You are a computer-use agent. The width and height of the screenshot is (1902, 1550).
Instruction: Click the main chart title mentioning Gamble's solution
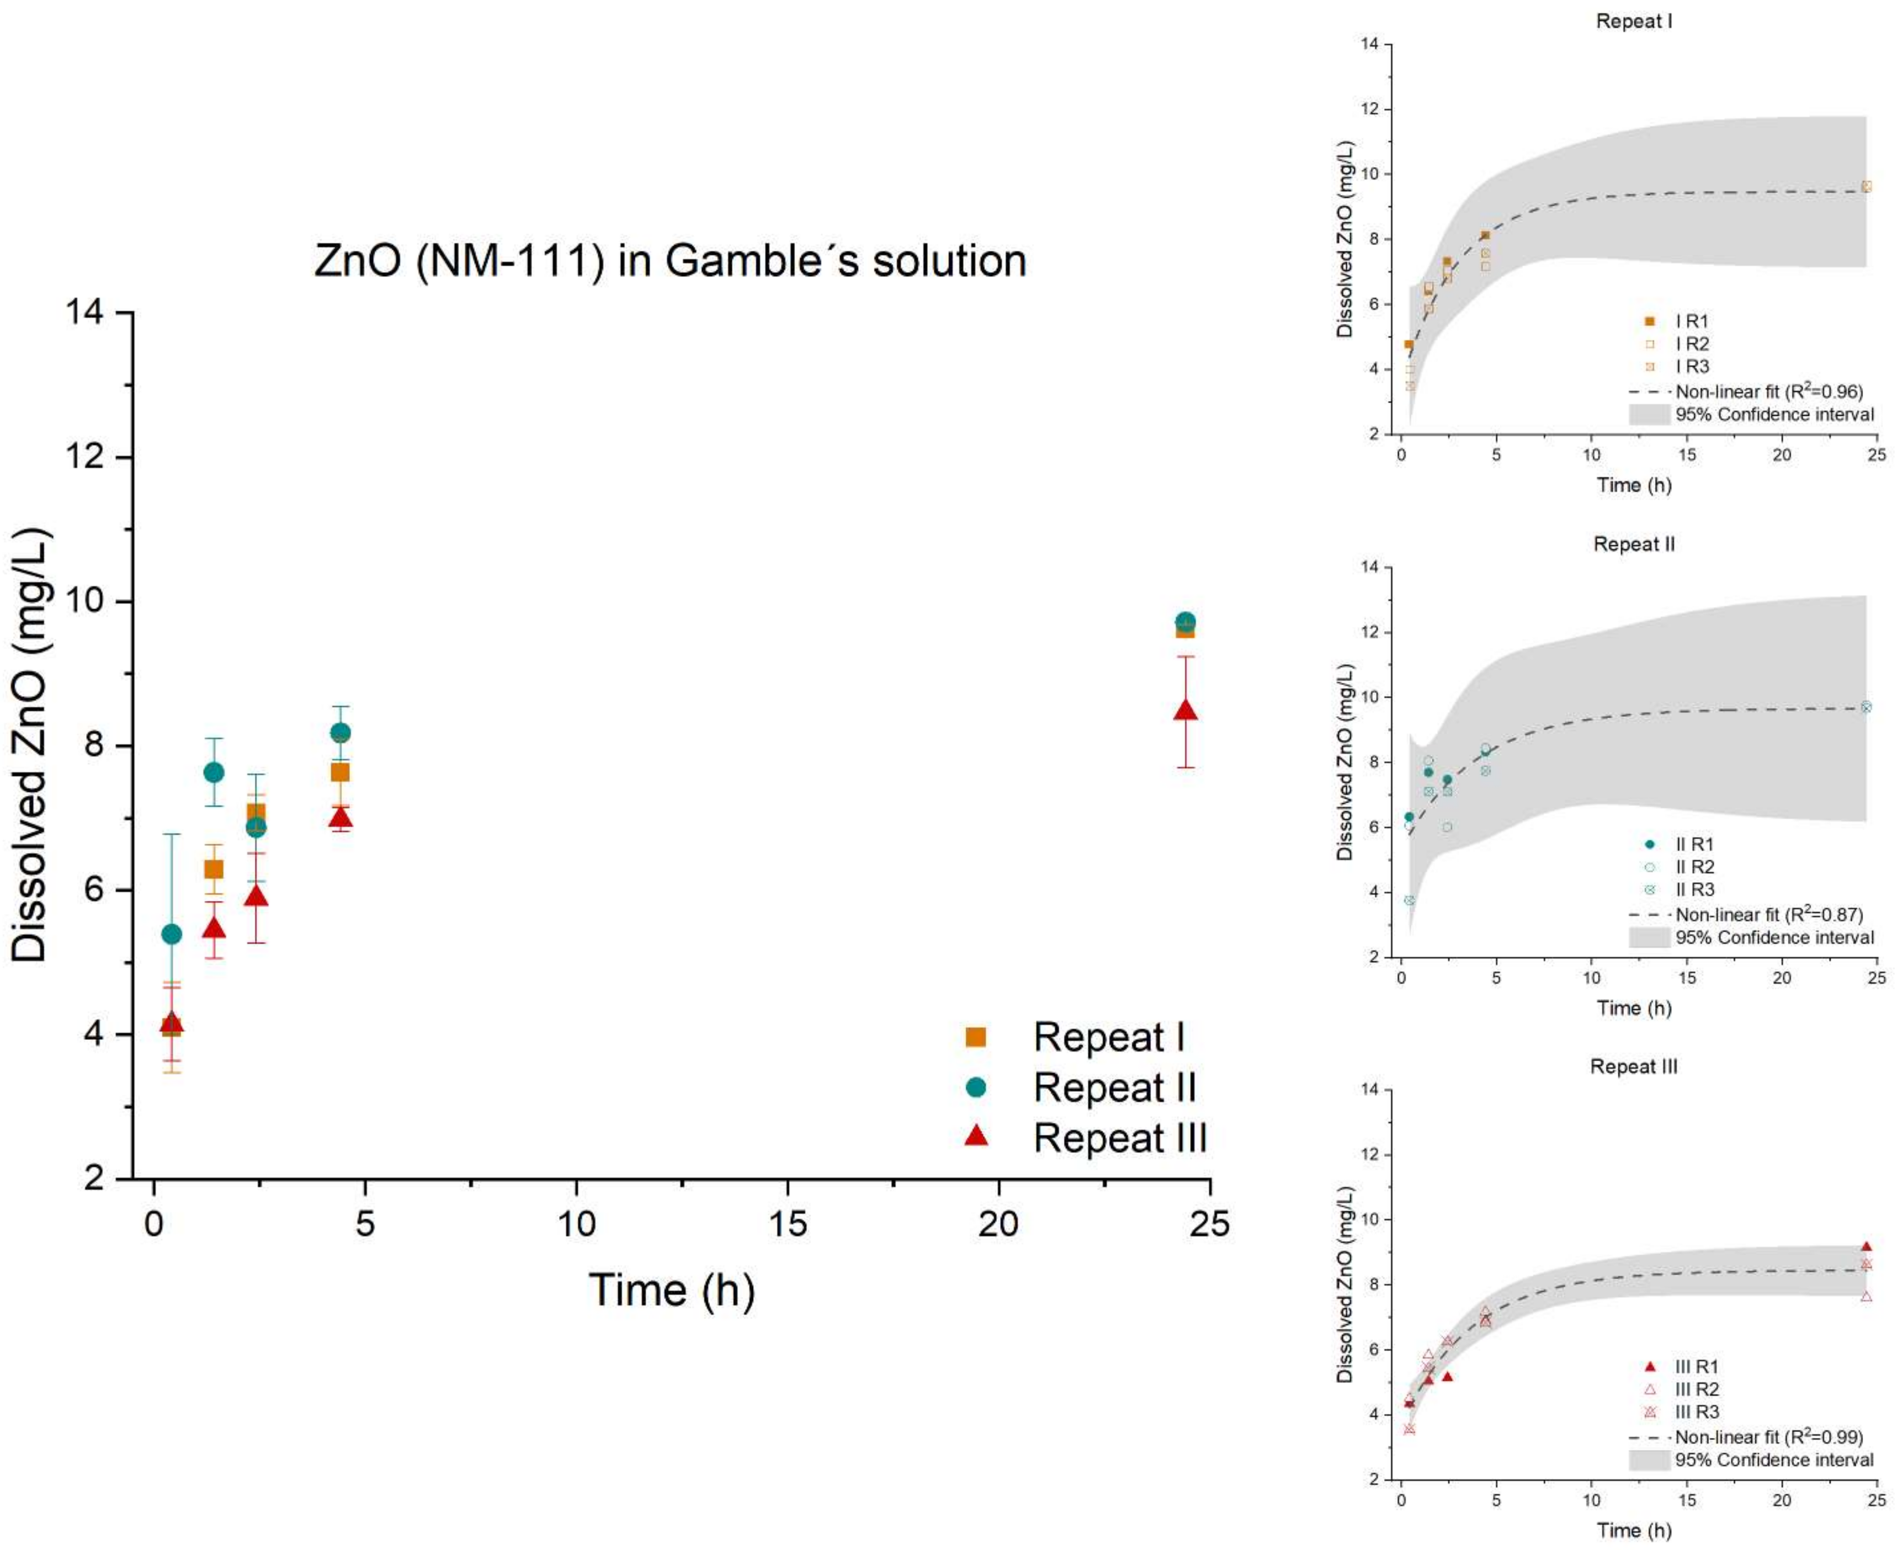pyautogui.click(x=669, y=260)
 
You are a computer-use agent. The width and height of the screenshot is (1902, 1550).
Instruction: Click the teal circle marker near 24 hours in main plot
pyautogui.click(x=1185, y=622)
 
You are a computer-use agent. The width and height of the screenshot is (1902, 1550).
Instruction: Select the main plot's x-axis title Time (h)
pyautogui.click(x=672, y=1290)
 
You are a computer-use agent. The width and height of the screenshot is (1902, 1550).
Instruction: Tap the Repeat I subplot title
pyautogui.click(x=1633, y=21)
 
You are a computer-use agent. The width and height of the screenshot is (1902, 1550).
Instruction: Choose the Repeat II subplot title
pyautogui.click(x=1633, y=544)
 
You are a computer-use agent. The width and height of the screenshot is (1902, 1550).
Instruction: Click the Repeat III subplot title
pyautogui.click(x=1633, y=1066)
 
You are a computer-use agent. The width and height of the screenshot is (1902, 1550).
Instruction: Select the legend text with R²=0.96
pyautogui.click(x=1768, y=391)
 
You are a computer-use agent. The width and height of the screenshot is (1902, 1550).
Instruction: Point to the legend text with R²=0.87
pyautogui.click(x=1768, y=914)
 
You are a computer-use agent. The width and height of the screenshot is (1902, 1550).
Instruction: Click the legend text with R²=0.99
pyautogui.click(x=1768, y=1436)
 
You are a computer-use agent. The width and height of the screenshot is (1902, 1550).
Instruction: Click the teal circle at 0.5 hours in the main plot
pyautogui.click(x=171, y=934)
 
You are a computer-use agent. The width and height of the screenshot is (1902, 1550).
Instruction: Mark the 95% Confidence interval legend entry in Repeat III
pyautogui.click(x=1773, y=1460)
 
